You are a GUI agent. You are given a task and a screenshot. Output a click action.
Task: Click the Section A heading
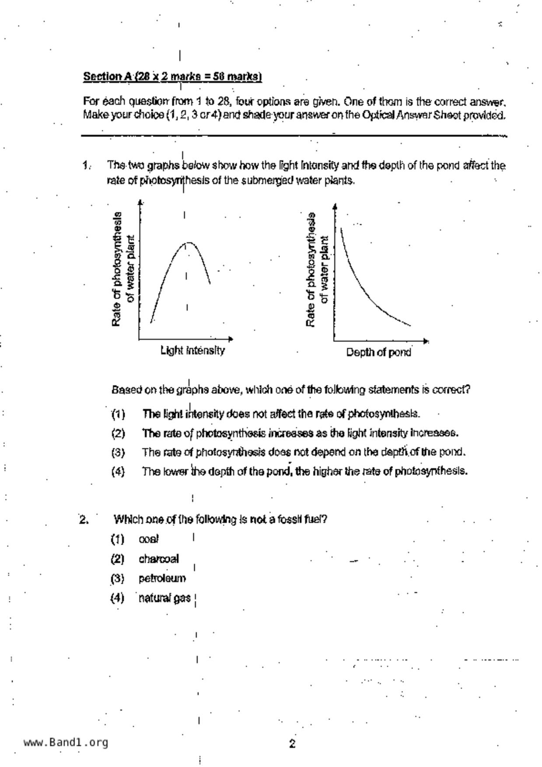(172, 77)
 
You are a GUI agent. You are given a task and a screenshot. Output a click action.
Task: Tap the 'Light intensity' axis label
(192, 351)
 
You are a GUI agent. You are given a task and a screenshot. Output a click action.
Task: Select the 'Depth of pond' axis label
(378, 352)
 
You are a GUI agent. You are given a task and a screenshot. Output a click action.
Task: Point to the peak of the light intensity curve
(189, 242)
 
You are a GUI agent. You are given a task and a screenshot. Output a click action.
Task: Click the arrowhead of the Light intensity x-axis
(231, 338)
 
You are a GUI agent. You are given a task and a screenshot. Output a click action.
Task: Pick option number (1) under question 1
(118, 414)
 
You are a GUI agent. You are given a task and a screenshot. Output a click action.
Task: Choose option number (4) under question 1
(118, 471)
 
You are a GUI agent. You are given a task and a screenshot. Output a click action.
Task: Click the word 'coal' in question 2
(149, 540)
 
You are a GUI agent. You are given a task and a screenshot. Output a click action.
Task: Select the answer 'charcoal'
(159, 559)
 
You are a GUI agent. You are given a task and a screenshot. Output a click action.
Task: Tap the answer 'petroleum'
(162, 579)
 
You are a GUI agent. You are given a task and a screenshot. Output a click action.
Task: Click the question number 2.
(84, 520)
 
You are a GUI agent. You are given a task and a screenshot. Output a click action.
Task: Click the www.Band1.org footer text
(66, 743)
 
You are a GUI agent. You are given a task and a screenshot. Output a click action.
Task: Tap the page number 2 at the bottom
(292, 743)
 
